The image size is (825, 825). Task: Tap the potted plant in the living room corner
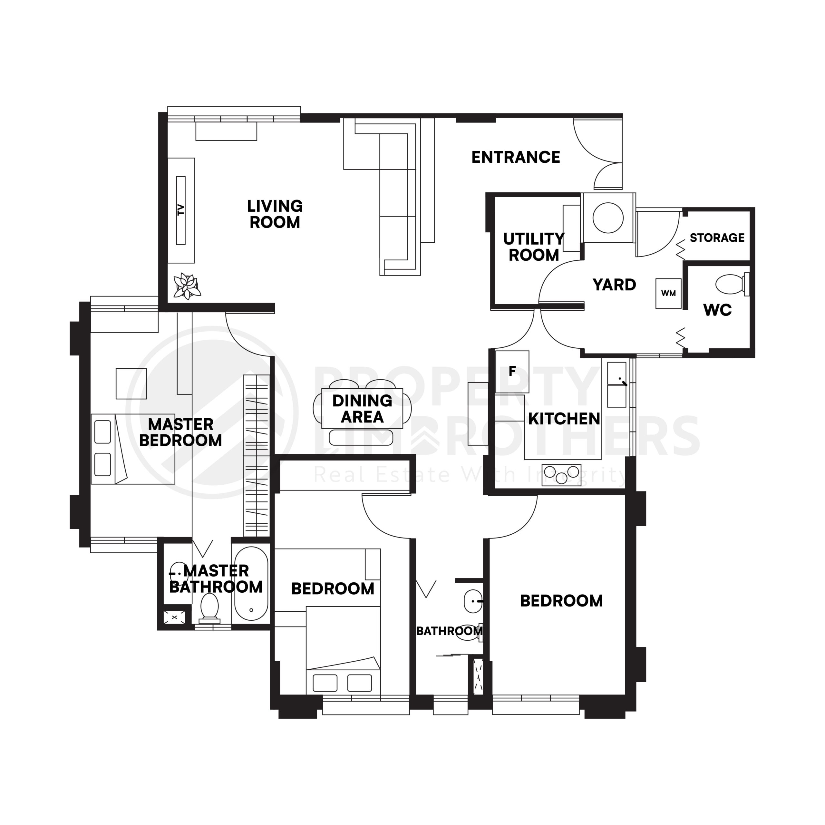pyautogui.click(x=187, y=286)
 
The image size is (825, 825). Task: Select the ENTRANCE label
pyautogui.click(x=515, y=158)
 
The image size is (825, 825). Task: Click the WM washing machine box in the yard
pyautogui.click(x=668, y=293)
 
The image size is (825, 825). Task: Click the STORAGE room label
pyautogui.click(x=717, y=238)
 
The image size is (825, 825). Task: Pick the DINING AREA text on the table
pyautogui.click(x=362, y=409)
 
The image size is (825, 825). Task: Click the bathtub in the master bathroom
pyautogui.click(x=251, y=584)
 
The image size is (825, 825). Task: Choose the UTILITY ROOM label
pyautogui.click(x=533, y=247)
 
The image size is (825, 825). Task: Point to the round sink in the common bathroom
pyautogui.click(x=473, y=601)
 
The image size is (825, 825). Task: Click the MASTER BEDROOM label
pyautogui.click(x=180, y=432)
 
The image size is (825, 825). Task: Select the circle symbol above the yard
pyautogui.click(x=608, y=218)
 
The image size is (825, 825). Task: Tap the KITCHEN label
pyautogui.click(x=564, y=419)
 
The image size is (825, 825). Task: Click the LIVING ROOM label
pyautogui.click(x=275, y=214)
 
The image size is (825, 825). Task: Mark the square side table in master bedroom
pyautogui.click(x=131, y=383)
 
